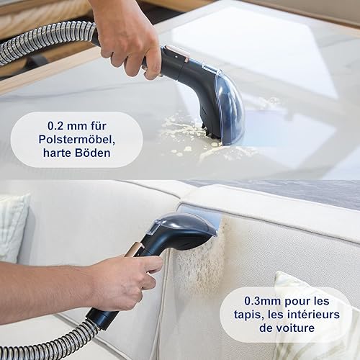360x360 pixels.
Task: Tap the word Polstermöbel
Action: pos(77,140)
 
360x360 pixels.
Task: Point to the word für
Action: pos(99,126)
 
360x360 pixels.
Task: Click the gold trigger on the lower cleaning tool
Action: pos(135,250)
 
